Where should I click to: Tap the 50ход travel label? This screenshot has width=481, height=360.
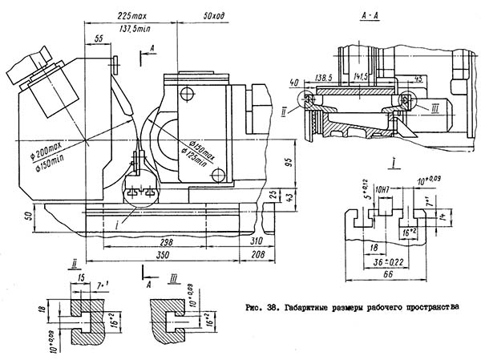pos(214,15)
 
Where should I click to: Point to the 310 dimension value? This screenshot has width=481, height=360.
pos(256,240)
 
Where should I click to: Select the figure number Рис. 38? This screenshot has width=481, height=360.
pos(258,305)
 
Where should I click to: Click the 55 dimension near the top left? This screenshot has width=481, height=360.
pos(99,38)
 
